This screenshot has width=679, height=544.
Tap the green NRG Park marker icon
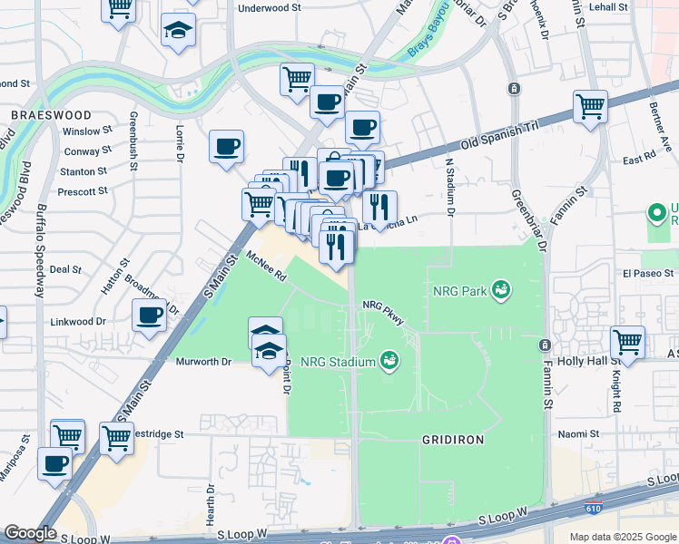coord(499,290)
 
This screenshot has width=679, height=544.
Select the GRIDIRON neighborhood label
coord(453,439)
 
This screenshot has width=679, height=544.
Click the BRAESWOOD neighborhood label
coord(51,115)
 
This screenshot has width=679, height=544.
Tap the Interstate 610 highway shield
coord(593,512)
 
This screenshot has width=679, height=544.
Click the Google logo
coord(31,534)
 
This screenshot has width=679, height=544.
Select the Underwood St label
coord(269,7)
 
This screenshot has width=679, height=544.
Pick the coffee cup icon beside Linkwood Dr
coord(150,316)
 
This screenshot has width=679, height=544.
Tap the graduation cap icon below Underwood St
coord(179,30)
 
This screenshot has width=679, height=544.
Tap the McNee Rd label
coord(265,265)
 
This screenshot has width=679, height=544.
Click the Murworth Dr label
coord(202,361)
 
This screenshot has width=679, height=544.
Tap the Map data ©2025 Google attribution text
coord(623,537)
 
